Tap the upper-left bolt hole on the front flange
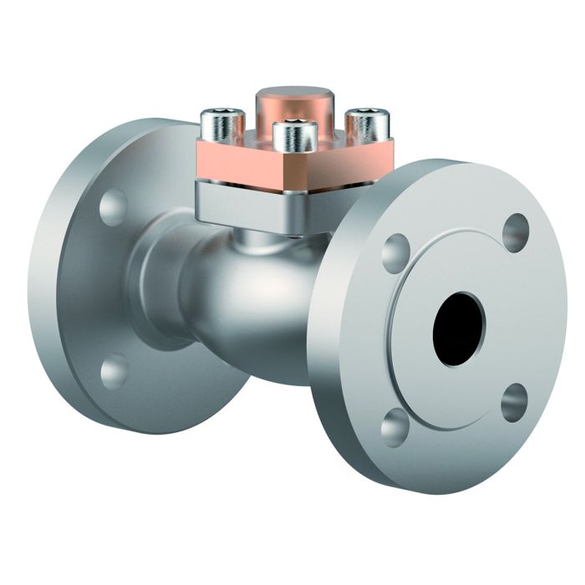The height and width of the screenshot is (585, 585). [x=395, y=252]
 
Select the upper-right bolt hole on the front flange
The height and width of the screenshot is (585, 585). [x=516, y=232]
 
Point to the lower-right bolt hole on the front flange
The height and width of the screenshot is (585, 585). [x=515, y=403]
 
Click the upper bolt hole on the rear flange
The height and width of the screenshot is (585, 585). [x=114, y=207]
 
